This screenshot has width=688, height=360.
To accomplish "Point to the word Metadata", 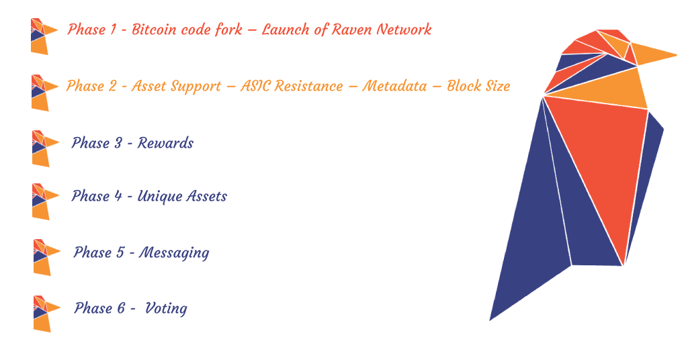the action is pos(394,86).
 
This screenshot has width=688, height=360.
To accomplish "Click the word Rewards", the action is pos(165,143).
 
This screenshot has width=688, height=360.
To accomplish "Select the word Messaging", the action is pos(174,253).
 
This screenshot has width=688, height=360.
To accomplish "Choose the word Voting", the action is pos(166,309).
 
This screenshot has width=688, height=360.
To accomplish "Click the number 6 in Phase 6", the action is pos(121,308).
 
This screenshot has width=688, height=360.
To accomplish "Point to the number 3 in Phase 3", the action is pos(118,143).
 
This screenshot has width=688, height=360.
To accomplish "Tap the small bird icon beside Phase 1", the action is pos(44,36).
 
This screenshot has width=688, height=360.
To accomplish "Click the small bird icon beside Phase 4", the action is pos(45,201).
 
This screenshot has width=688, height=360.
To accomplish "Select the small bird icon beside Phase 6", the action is pos(46,314).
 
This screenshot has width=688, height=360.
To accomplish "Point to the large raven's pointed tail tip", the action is pos(490,320).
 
